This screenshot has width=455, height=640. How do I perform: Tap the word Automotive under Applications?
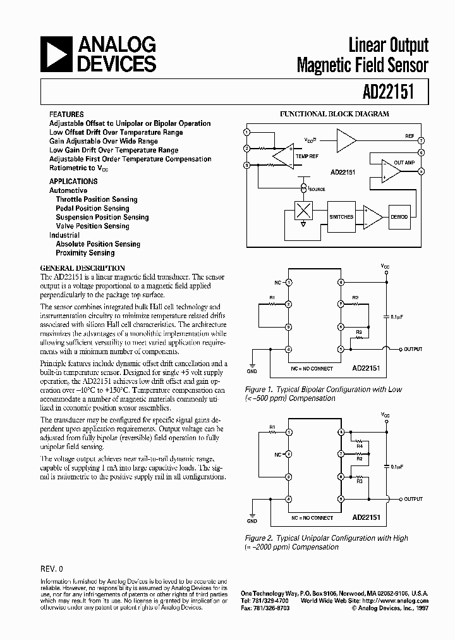[68, 190]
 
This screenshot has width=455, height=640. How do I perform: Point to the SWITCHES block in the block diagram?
[341, 216]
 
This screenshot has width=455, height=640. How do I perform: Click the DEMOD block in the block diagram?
[399, 216]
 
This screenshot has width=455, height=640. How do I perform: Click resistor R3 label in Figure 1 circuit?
[358, 331]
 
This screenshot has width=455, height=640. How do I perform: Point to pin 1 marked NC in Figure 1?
[288, 282]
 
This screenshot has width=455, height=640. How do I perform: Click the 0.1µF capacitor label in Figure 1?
[398, 316]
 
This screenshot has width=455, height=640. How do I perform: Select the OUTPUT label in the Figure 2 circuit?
[413, 499]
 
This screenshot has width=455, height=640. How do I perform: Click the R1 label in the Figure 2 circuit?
[272, 428]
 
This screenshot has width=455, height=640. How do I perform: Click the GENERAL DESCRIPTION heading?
[82, 268]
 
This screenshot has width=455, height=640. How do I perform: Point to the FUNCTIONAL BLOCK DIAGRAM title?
[334, 114]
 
